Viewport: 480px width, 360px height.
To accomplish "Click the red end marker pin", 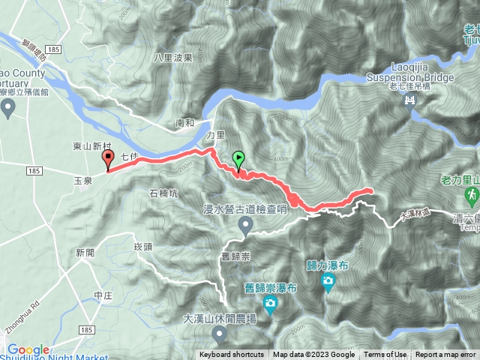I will click(x=107, y=158).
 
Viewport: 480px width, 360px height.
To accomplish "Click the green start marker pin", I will click(x=238, y=159).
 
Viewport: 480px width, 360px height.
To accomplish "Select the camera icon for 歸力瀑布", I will click(x=328, y=280).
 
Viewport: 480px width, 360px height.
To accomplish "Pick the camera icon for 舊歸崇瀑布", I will click(x=270, y=304).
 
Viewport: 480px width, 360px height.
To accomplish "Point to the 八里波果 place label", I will click(x=174, y=57).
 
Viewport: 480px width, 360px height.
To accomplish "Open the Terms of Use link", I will click(x=385, y=355).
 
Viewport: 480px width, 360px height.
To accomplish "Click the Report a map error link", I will click(x=445, y=355).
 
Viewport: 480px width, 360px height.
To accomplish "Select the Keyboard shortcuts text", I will click(x=231, y=355).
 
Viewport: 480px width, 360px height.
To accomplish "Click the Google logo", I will click(x=28, y=349).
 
